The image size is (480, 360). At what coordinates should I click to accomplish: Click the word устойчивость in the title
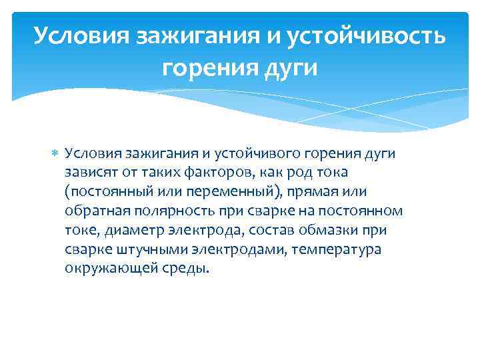(366, 35)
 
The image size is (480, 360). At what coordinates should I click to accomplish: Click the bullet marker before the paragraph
(55, 155)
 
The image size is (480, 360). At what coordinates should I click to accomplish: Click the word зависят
(89, 173)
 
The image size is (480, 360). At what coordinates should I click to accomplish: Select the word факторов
(207, 173)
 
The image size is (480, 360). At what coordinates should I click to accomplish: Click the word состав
(266, 231)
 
